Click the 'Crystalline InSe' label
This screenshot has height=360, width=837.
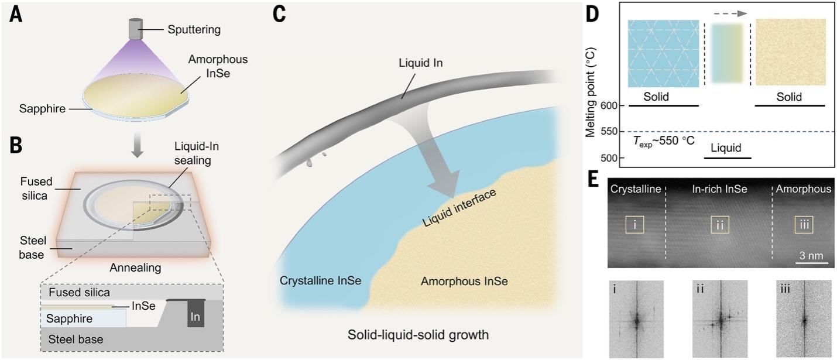coord(318,281)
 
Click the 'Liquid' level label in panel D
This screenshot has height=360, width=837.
coord(728,146)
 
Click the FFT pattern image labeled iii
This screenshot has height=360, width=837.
coord(804,319)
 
